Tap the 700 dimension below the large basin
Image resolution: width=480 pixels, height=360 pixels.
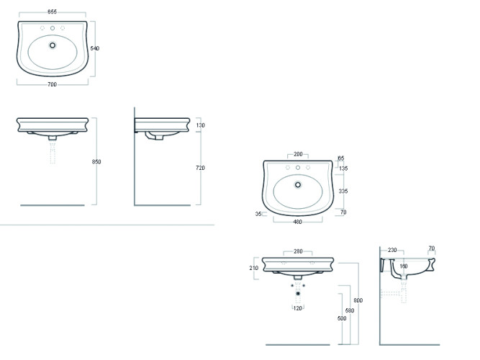pos(52,84)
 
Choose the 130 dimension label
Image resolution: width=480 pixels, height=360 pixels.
pos(201,125)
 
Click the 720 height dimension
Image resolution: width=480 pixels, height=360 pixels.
pos(201,168)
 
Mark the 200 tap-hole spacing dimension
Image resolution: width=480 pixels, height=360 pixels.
pos(297,154)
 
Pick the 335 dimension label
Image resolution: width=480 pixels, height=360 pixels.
pos(344,192)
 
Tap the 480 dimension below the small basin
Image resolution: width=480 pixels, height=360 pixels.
pos(297,222)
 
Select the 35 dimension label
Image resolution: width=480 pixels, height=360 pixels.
pos(258,214)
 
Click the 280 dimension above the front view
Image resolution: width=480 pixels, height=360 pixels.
pos(297,252)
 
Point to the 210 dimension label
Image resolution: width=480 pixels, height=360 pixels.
pos(253,268)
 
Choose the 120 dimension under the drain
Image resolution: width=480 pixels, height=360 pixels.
pos(297,308)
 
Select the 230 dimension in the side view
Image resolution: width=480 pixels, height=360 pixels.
pos(392,250)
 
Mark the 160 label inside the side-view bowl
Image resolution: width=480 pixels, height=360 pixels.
pos(403,266)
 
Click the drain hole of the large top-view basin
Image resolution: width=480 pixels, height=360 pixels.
pos(52,45)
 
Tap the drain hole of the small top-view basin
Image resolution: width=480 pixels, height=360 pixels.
pos(297,184)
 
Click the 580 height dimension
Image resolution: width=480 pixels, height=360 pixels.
pos(350,310)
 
